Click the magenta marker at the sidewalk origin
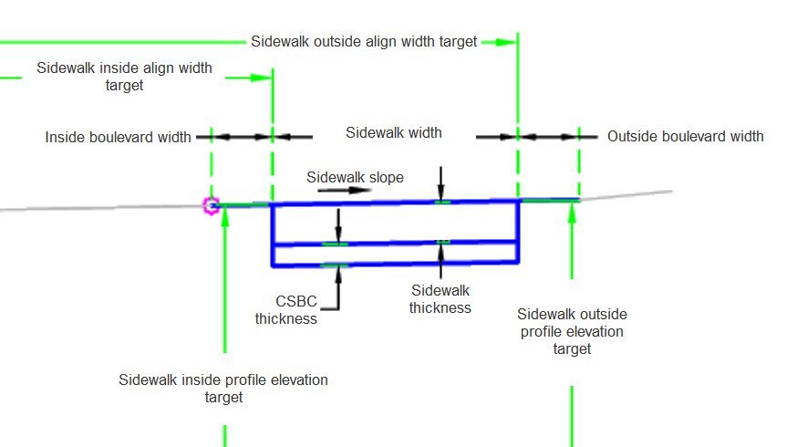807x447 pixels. [x=212, y=206]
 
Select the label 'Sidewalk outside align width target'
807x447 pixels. [x=364, y=42]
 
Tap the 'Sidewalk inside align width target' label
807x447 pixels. [x=124, y=77]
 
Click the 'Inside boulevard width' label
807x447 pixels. [x=119, y=137]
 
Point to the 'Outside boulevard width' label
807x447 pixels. [x=685, y=137]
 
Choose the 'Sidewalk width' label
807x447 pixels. [x=394, y=133]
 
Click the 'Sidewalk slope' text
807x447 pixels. [x=355, y=178]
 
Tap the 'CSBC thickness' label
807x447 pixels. [x=285, y=309]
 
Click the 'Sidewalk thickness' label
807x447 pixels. [x=440, y=298]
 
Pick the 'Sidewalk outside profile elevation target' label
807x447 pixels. [x=572, y=331]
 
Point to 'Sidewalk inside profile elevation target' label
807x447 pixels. [x=223, y=388]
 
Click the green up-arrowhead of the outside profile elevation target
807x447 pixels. [x=572, y=211]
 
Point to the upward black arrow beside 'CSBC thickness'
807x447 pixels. [x=338, y=273]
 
